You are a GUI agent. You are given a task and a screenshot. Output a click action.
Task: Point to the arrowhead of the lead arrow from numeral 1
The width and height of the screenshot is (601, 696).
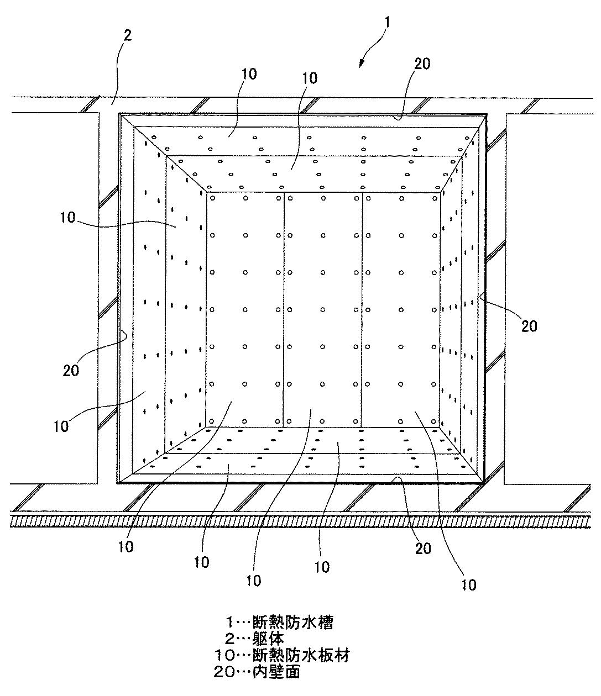[360, 65]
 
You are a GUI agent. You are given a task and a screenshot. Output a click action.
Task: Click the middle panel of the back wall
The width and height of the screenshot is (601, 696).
[323, 309]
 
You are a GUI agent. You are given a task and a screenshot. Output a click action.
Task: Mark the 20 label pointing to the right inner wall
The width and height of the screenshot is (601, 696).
[529, 326]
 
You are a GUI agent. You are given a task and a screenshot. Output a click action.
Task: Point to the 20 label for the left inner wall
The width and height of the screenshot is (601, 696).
[71, 370]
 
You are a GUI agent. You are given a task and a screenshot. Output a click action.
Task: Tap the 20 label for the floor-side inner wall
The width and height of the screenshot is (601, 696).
[423, 548]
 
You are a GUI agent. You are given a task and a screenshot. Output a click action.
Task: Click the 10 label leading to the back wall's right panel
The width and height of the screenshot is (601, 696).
[469, 584]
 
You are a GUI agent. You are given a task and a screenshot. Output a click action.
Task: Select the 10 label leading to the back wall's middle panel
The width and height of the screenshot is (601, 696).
[254, 580]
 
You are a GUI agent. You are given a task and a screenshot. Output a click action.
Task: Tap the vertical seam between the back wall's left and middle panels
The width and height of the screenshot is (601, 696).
[284, 309]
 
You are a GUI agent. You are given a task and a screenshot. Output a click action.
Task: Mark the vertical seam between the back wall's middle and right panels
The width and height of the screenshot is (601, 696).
[362, 309]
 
